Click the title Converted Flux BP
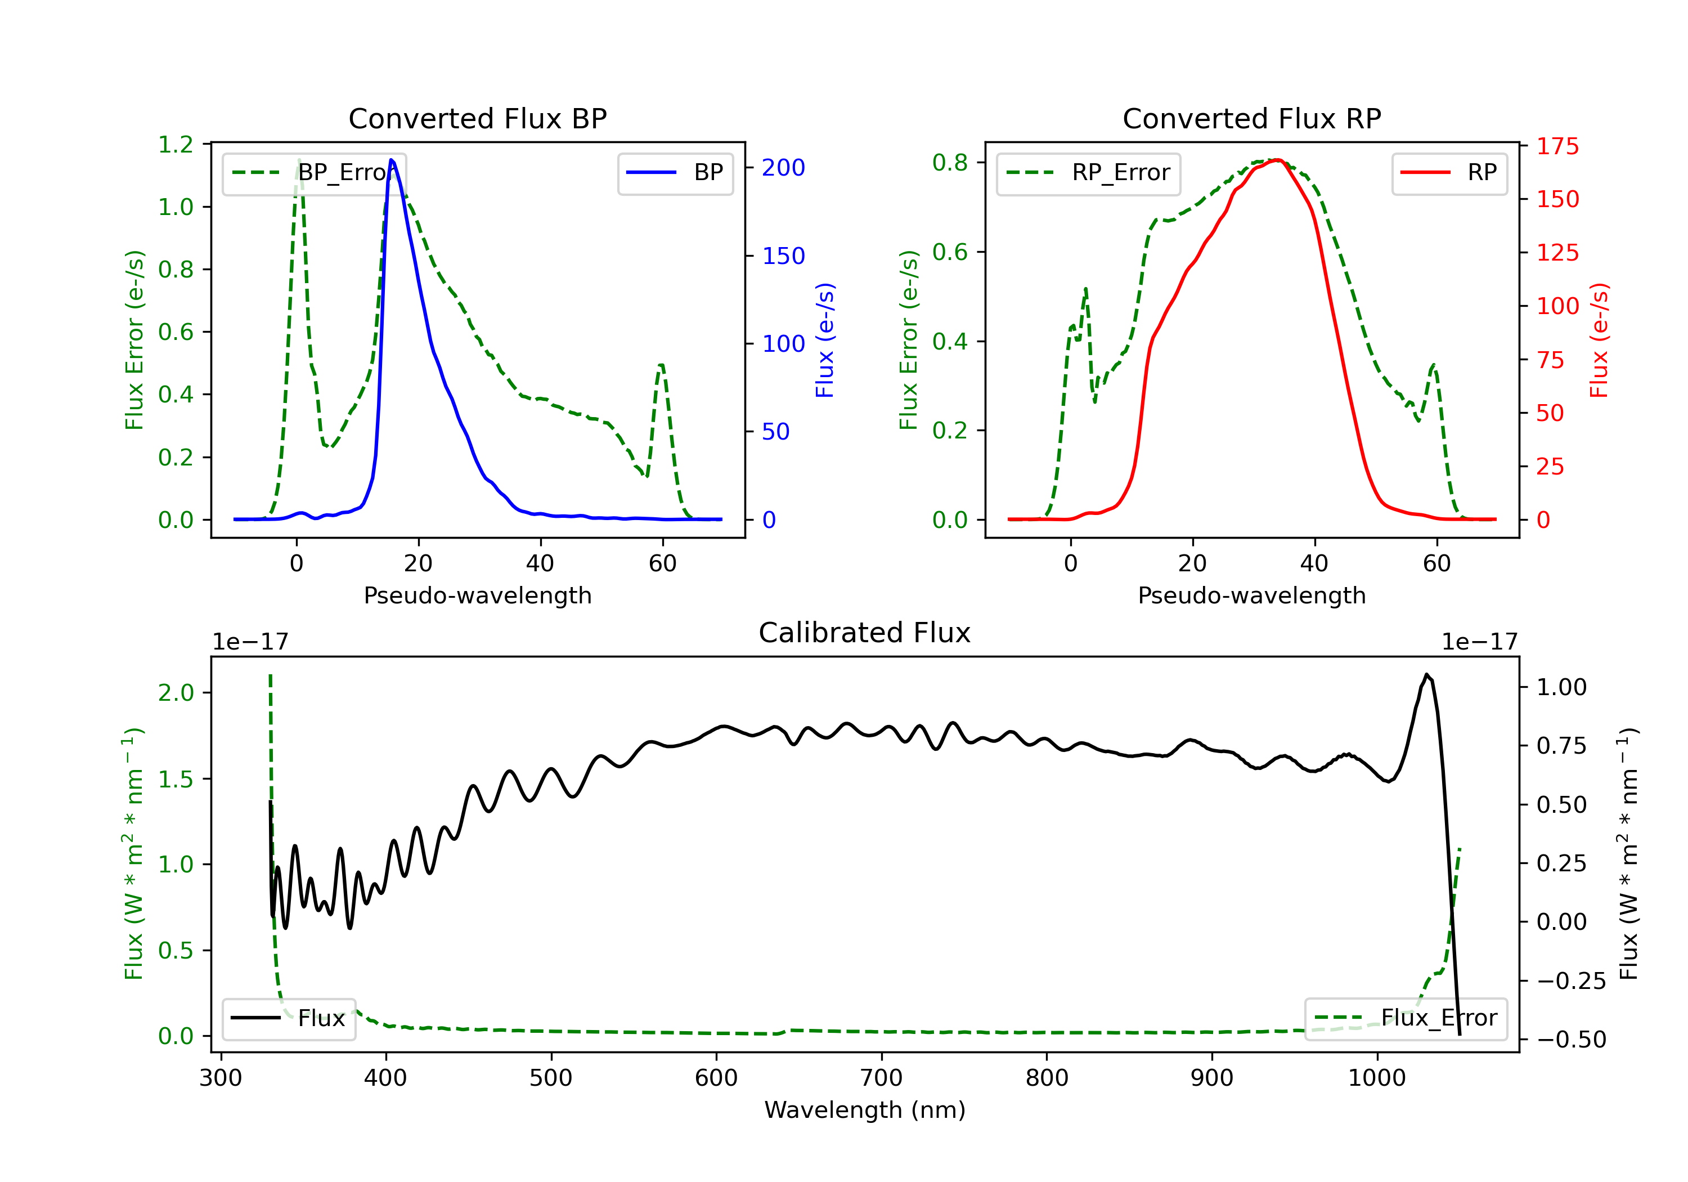coord(478,118)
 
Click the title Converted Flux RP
coord(1252,118)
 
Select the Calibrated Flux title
coord(865,633)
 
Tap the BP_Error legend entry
coord(314,173)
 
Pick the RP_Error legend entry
coord(1088,173)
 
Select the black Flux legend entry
coord(289,1018)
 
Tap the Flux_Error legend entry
coord(1406,1018)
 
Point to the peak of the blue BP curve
coord(391,160)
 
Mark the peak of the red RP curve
coord(1278,160)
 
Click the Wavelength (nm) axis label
coord(865,1110)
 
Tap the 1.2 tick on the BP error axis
coord(177,144)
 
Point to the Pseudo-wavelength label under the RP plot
coord(1252,595)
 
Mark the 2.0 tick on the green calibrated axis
coord(177,693)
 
